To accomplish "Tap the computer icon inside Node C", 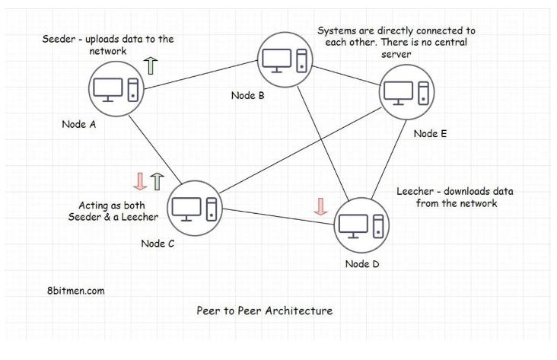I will point(195,207).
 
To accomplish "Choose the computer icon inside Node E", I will point(406,92).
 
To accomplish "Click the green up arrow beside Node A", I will point(150,65).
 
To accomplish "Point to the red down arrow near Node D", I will point(320,205).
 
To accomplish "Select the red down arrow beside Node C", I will point(139,181).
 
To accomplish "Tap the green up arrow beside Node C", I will point(157,181).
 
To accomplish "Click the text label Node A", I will point(78,124).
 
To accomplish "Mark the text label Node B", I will point(247,95).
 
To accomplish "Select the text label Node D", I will point(361,264).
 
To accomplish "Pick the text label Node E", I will point(430,133).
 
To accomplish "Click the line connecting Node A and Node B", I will point(201,74).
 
